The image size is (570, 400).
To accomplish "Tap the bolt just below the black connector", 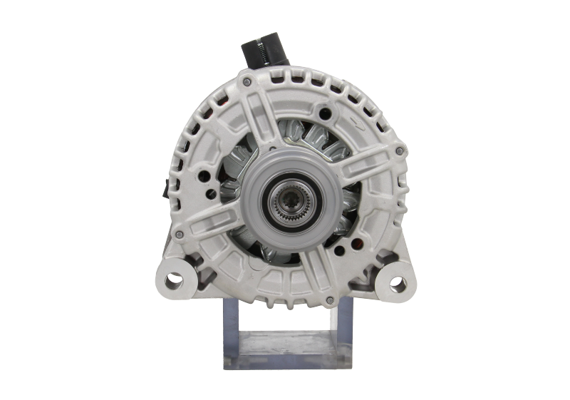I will point(247,83).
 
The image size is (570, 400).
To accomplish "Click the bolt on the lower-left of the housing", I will point(180,233).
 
